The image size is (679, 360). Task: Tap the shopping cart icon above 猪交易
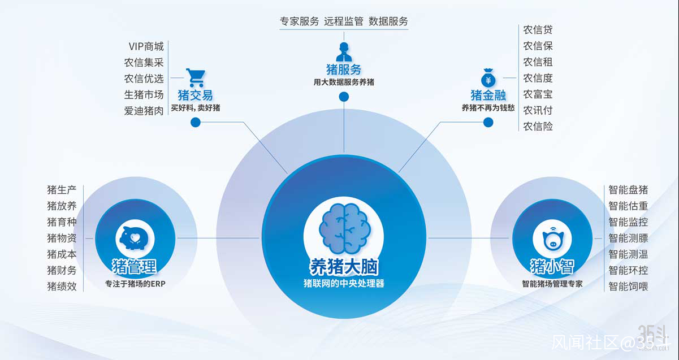[196, 77]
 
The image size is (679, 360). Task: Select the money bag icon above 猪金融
[488, 77]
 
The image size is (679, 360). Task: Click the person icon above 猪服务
[344, 51]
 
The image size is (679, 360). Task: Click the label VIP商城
[146, 46]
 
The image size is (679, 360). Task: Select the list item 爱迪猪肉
[144, 111]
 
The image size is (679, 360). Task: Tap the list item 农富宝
[538, 94]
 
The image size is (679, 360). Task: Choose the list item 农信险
[538, 126]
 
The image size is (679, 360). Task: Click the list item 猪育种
[62, 222]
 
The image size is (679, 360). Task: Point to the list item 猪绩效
[62, 286]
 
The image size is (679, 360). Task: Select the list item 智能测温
[628, 254]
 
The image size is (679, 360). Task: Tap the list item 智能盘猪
[628, 189]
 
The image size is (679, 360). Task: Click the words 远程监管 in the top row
[344, 21]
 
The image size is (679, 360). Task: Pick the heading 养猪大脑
[344, 267]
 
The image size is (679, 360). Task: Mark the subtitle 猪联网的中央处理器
[344, 283]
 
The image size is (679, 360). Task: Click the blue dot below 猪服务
[344, 97]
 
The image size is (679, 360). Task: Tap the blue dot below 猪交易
[196, 122]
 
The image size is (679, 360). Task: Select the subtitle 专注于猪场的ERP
[135, 284]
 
